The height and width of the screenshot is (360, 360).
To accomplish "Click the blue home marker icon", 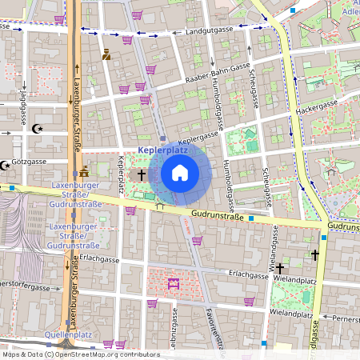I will tap(180, 173).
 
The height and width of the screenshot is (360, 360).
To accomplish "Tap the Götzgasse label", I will tap(29, 162).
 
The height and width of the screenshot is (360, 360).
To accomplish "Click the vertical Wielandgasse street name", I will tap(273, 246).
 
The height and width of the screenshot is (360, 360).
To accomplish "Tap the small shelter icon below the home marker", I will tap(159, 204).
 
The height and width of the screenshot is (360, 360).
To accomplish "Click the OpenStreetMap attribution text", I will tap(80, 354).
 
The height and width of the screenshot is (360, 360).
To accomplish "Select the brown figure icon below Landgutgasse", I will tap(106, 54).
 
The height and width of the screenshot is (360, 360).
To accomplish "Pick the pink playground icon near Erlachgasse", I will tap(172, 282).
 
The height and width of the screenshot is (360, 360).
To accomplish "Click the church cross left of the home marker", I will tap(142, 174).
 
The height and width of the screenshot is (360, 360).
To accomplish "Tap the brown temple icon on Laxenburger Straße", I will tap(84, 171).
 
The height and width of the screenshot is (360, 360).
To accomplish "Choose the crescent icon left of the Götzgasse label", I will tap(6, 165).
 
